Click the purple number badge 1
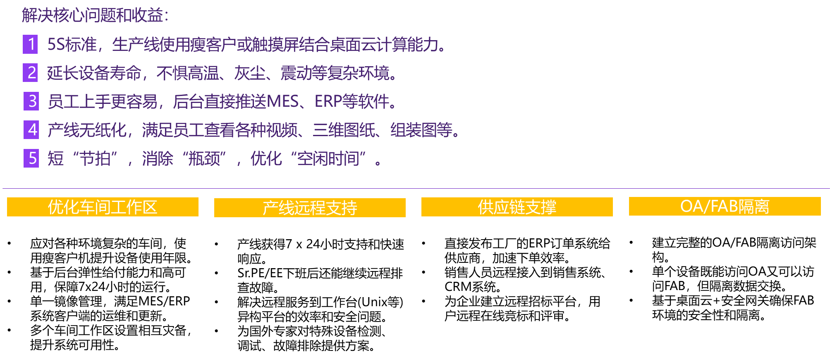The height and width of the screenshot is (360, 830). pyautogui.click(x=30, y=44)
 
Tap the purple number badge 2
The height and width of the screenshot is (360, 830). pyautogui.click(x=30, y=73)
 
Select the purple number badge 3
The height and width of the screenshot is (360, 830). pyautogui.click(x=31, y=101)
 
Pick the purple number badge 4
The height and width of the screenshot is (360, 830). pyautogui.click(x=31, y=130)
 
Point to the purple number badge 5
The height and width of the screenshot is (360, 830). pyautogui.click(x=31, y=158)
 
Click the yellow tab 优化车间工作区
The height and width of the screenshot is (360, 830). pyautogui.click(x=103, y=207)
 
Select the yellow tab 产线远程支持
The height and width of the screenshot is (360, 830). pyautogui.click(x=310, y=208)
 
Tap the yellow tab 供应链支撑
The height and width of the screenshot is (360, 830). pyautogui.click(x=517, y=207)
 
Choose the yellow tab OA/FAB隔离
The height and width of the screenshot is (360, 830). pyautogui.click(x=725, y=206)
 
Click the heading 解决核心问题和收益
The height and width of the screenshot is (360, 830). pyautogui.click(x=95, y=16)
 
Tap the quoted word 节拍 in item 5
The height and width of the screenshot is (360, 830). pyautogui.click(x=95, y=159)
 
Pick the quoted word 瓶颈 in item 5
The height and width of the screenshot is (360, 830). pyautogui.click(x=204, y=159)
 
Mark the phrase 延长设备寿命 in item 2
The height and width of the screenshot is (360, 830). pyautogui.click(x=94, y=73)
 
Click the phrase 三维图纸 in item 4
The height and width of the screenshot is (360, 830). pyautogui.click(x=344, y=130)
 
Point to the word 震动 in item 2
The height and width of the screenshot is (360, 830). pyautogui.click(x=296, y=73)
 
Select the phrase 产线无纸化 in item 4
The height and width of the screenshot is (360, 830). pyautogui.click(x=87, y=130)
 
